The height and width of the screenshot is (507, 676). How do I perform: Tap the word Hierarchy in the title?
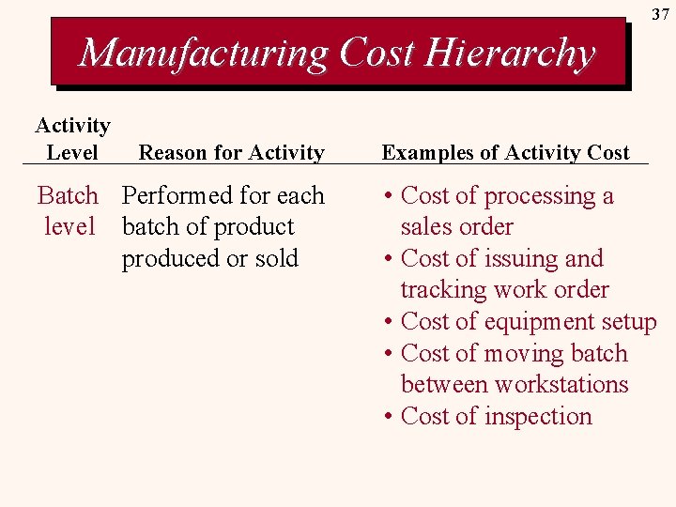pyautogui.click(x=509, y=54)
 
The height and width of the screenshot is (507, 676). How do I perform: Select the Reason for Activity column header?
pyautogui.click(x=231, y=152)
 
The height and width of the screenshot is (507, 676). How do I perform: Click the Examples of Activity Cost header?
pyautogui.click(x=505, y=152)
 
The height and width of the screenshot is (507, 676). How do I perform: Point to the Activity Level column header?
pyautogui.click(x=72, y=138)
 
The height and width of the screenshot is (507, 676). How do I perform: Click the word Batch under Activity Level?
pyautogui.click(x=68, y=196)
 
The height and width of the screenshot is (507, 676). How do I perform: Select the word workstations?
pyautogui.click(x=561, y=385)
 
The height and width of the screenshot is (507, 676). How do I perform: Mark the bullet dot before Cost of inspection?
pyautogui.click(x=388, y=417)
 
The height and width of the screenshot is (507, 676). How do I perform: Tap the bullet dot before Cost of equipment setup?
pyautogui.click(x=388, y=322)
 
